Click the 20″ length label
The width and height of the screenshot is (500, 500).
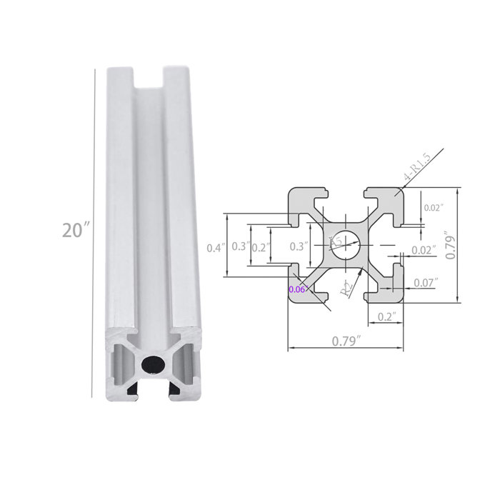(76, 231)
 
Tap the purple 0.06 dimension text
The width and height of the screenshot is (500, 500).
(296, 289)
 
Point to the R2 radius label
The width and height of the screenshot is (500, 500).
(346, 288)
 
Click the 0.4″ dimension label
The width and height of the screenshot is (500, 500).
(216, 247)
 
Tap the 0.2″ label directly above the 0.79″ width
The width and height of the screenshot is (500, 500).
(386, 316)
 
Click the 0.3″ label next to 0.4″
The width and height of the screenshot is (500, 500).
(239, 247)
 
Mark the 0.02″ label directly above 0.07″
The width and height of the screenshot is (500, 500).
(424, 250)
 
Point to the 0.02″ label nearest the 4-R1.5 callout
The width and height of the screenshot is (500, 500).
(434, 208)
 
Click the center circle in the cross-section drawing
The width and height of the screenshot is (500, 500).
(346, 246)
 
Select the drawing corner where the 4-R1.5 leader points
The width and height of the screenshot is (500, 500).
(401, 191)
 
